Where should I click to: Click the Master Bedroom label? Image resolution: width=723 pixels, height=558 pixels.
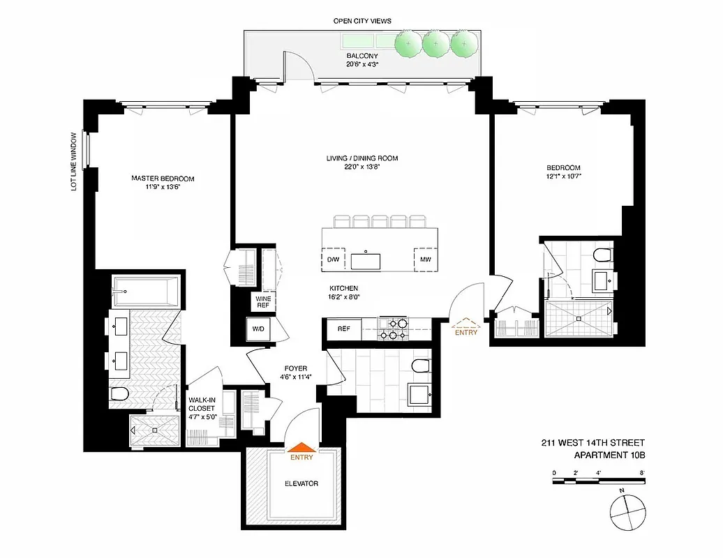click(163, 179)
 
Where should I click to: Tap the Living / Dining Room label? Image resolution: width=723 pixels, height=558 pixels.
click(362, 158)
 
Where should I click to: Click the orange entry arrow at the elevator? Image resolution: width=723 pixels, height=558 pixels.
click(302, 449)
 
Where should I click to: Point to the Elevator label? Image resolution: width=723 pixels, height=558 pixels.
click(302, 483)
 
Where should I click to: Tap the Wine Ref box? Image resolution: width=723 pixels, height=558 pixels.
click(263, 301)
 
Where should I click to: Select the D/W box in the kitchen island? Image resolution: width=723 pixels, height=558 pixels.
click(334, 260)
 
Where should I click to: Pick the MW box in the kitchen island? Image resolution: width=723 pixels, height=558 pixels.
click(425, 260)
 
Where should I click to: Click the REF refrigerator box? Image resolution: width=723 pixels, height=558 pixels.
click(343, 329)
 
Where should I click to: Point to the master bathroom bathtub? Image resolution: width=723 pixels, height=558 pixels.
click(146, 290)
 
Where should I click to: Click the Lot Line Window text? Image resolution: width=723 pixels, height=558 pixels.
click(74, 162)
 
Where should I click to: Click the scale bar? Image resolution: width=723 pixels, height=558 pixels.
click(599, 481)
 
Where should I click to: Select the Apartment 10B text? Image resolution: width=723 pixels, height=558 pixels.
click(609, 455)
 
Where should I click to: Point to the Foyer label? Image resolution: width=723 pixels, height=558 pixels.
click(296, 372)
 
